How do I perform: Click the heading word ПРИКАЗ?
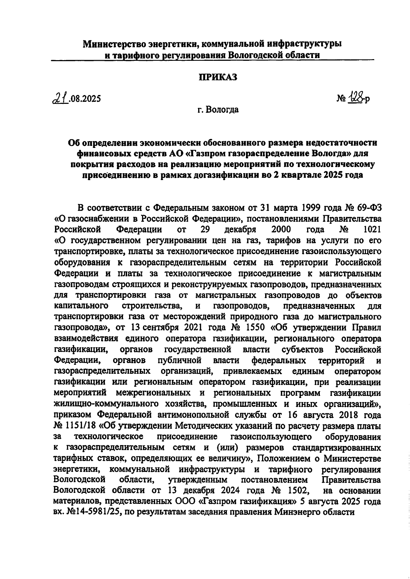[218, 77]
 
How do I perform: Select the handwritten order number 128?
[356, 99]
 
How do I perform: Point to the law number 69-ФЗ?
[367, 208]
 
